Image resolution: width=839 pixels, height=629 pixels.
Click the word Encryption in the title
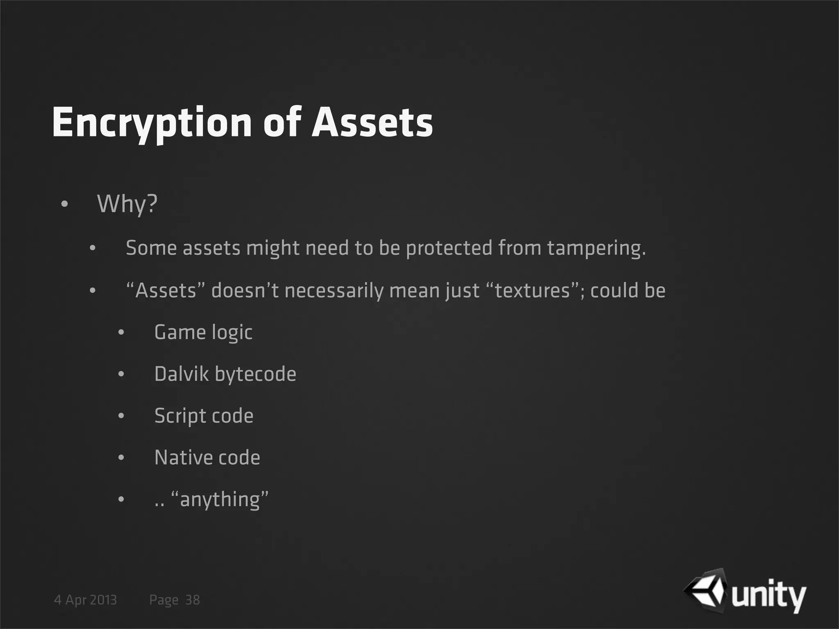[152, 123]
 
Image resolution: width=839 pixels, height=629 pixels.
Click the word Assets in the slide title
[372, 123]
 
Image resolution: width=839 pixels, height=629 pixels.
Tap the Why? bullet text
[127, 204]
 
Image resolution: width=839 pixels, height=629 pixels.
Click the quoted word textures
[533, 291]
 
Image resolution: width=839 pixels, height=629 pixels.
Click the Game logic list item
[203, 332]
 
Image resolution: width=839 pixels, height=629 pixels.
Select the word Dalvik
[181, 374]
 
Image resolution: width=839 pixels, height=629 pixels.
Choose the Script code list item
[204, 416]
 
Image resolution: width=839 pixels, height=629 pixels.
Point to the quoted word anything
[220, 500]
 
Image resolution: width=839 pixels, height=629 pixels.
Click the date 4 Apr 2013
[85, 600]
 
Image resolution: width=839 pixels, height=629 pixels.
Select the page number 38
[193, 600]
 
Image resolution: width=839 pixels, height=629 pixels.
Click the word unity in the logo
[769, 597]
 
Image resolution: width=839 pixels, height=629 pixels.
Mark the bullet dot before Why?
[64, 204]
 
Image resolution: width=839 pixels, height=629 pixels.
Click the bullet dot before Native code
[121, 458]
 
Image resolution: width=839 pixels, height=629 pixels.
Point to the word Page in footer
[164, 600]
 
